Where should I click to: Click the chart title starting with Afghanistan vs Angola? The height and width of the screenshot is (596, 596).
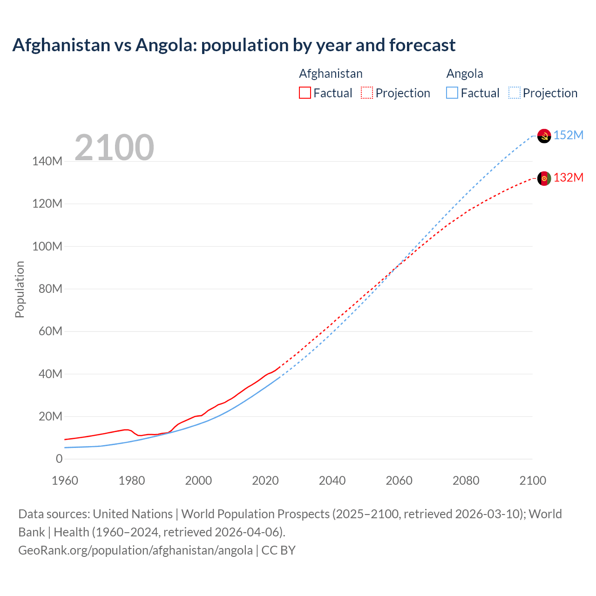point(234,45)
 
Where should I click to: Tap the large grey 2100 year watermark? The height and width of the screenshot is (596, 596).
point(114,148)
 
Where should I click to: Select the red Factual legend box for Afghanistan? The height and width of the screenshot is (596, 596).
point(305,93)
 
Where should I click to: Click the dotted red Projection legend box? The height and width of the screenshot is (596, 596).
point(367,93)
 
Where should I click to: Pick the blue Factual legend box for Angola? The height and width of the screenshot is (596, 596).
point(452,93)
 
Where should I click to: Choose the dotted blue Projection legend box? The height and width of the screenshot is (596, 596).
point(514,93)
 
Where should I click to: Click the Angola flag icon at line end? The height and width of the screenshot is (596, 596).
point(544,136)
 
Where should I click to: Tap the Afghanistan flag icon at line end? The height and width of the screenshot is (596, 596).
point(544,178)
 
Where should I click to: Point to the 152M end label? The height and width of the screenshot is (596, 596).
point(569,135)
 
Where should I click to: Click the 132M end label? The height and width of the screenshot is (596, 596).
point(569,177)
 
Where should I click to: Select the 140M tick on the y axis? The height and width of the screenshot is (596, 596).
point(47,162)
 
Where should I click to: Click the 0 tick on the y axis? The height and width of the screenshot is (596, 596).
point(59,459)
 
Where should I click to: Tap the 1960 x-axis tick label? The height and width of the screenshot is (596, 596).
point(65,481)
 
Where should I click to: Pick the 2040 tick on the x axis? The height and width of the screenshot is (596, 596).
point(332,481)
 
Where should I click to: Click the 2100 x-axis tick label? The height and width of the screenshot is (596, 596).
point(533,481)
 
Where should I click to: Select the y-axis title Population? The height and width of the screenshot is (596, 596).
point(20,289)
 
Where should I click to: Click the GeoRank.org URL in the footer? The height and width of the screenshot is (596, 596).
point(135,550)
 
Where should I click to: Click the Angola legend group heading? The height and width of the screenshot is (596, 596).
point(465,74)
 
